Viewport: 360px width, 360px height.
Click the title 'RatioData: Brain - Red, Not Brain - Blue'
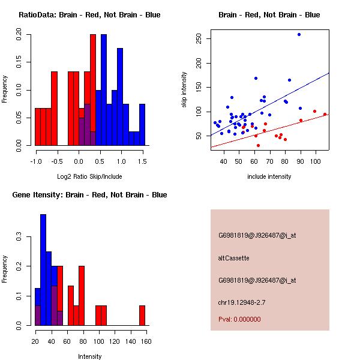pyautogui.click(x=89, y=15)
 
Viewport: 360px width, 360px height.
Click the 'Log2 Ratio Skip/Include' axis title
pyautogui.click(x=89, y=176)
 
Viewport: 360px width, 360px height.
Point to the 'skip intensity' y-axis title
pyautogui.click(x=185, y=90)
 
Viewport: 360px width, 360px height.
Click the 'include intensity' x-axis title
pyautogui.click(x=269, y=176)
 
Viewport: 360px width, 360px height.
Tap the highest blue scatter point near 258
pyautogui.click(x=299, y=34)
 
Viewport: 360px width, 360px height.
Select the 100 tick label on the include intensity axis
pyautogui.click(x=315, y=161)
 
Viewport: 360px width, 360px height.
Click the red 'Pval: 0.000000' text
pyautogui.click(x=239, y=319)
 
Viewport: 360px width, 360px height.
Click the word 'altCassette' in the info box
pyautogui.click(x=233, y=258)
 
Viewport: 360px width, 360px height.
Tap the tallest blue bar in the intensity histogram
pyautogui.click(x=43, y=270)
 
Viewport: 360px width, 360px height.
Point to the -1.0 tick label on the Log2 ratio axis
pyautogui.click(x=36, y=161)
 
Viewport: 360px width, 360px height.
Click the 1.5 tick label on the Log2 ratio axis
pyautogui.click(x=143, y=161)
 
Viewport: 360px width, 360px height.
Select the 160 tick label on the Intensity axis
pyautogui.click(x=145, y=341)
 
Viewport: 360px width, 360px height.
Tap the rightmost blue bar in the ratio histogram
pyautogui.click(x=142, y=124)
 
